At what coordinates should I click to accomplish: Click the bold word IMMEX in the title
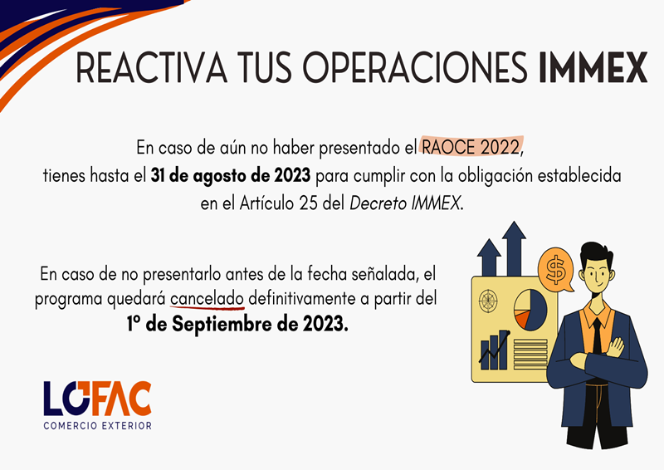point(593,67)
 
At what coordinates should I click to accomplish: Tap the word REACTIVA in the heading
point(151,67)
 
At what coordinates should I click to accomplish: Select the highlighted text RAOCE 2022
point(471,147)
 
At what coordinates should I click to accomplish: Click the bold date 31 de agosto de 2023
point(231,175)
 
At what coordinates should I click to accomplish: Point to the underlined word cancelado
point(207,299)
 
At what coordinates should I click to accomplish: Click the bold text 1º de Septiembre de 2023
point(237,324)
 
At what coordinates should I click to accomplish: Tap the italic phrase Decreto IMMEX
point(404,203)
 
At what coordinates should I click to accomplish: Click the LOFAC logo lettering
point(97,399)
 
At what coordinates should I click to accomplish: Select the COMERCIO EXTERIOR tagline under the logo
point(97,425)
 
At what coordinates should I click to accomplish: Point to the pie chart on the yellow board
point(530,310)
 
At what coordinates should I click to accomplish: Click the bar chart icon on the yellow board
point(494,350)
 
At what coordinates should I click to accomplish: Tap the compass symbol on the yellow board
point(487,301)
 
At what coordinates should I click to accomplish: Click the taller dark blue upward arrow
point(514,249)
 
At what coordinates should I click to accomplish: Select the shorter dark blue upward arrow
point(489,257)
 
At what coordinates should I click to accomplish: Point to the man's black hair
point(596,254)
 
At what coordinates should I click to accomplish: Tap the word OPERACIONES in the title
point(415,67)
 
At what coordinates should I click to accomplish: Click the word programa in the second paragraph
point(69,300)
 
